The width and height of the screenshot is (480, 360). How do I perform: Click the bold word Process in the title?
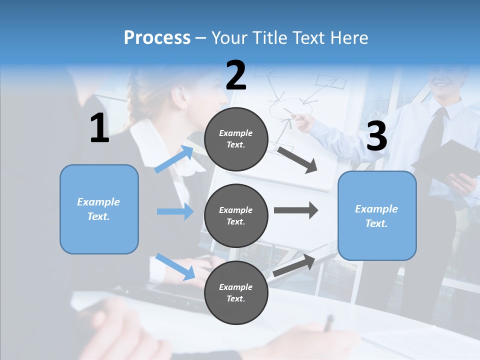[x=157, y=37]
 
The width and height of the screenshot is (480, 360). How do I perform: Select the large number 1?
[x=99, y=128]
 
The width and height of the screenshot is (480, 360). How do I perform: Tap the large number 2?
[x=236, y=75]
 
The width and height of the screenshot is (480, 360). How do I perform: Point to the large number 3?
[x=376, y=136]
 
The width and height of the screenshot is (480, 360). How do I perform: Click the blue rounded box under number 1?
[x=99, y=209]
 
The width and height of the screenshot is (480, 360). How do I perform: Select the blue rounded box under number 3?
[x=377, y=216]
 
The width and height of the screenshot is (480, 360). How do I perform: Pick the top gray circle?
[x=236, y=139]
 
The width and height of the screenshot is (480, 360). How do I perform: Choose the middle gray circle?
[x=236, y=215]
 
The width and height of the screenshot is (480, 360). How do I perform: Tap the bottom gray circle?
[x=236, y=292]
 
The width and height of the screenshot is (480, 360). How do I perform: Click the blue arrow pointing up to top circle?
[x=174, y=159]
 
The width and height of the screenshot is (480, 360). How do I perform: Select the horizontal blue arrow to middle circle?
[x=175, y=211]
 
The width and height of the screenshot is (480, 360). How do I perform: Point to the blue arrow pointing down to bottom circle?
[x=175, y=266]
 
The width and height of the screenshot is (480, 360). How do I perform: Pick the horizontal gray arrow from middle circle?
[x=295, y=210]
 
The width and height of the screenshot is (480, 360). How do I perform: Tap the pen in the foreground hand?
[x=328, y=322]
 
